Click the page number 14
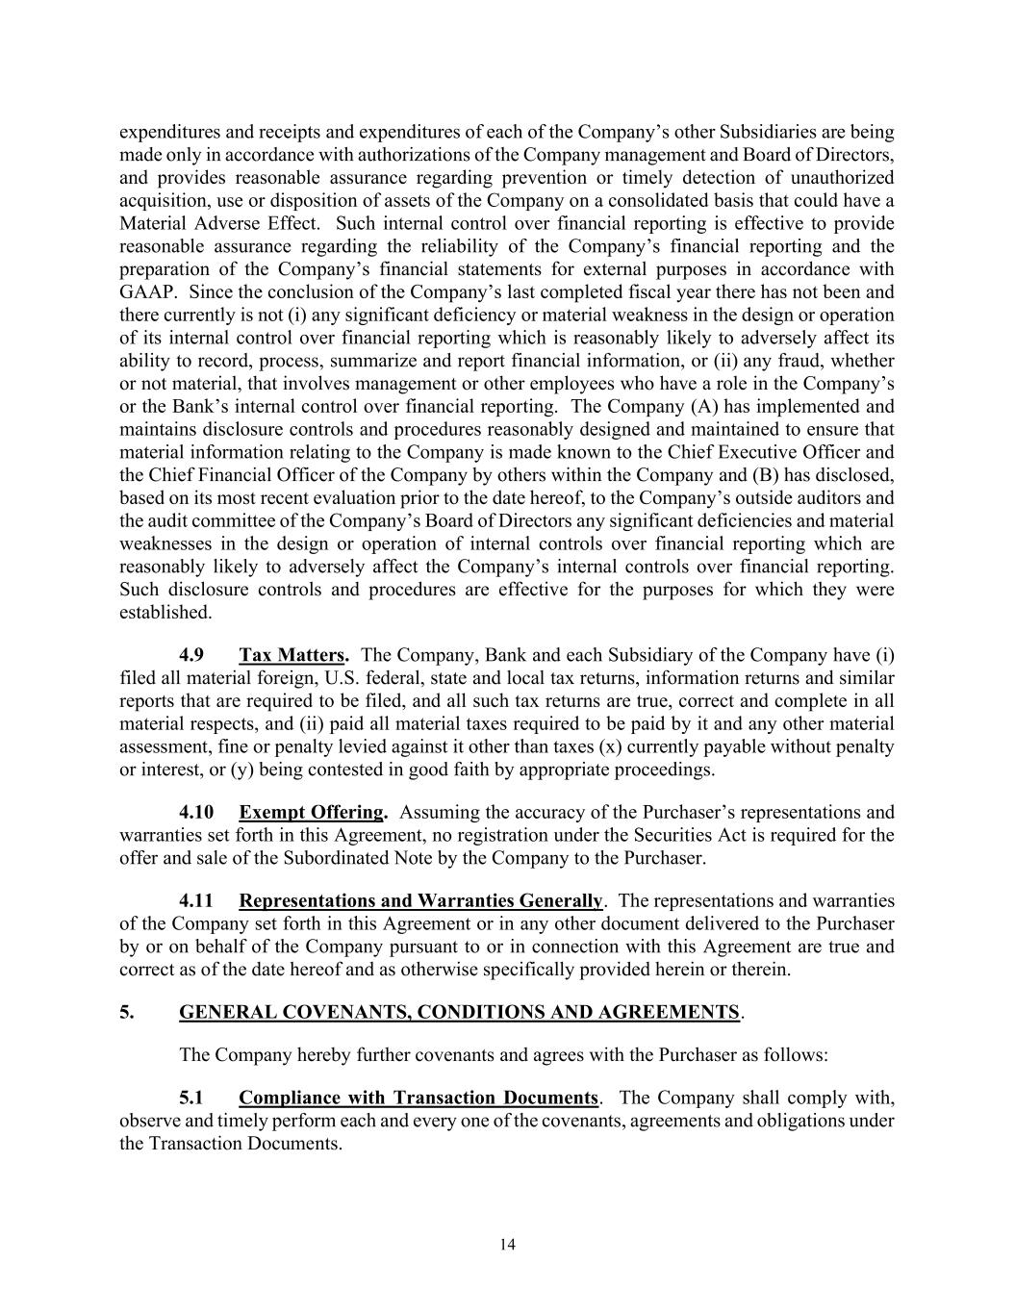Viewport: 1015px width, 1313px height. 508,1245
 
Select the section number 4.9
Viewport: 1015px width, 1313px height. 191,655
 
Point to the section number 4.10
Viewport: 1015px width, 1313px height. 196,812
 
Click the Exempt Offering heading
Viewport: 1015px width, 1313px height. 313,812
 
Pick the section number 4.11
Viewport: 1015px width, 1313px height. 196,900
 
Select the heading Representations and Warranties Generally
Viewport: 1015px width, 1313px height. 420,900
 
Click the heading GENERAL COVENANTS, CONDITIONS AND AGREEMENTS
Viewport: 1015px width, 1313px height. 459,1012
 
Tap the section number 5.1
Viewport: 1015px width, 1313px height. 191,1098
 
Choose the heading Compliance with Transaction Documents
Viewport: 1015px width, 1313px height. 419,1098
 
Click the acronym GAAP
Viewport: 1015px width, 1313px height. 146,291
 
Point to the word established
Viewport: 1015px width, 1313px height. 165,612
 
